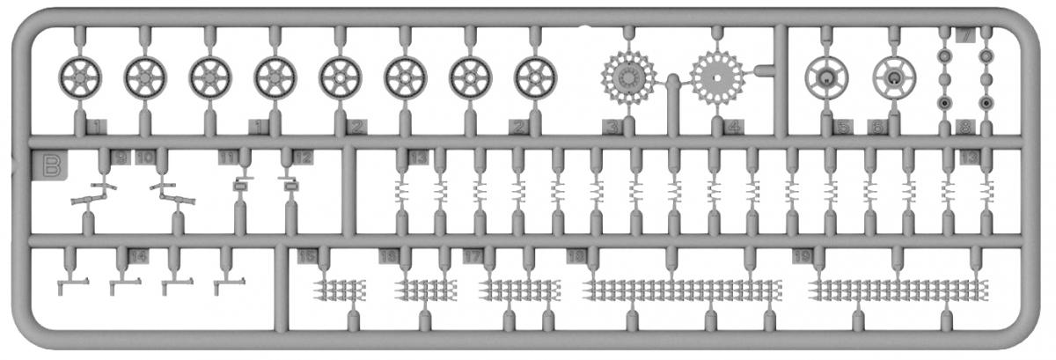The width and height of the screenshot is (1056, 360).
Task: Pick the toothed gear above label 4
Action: pos(717,77)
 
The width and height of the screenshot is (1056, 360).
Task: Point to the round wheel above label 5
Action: pos(826,78)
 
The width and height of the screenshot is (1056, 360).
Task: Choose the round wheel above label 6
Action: pos(893,78)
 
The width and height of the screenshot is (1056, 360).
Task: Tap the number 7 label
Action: pos(965,36)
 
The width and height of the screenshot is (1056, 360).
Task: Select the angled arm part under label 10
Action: pos(173,195)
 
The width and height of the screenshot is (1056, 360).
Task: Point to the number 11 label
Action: pos(229,158)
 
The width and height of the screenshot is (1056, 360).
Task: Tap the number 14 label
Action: pos(137,256)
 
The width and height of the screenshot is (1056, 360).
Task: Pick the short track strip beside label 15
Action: pos(340,288)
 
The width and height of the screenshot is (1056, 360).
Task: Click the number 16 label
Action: pos(388,256)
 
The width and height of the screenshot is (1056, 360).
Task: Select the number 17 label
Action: pos(473,256)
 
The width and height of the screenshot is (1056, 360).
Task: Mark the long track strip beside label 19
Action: pos(898,289)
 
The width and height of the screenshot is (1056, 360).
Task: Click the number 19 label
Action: pos(801,256)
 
